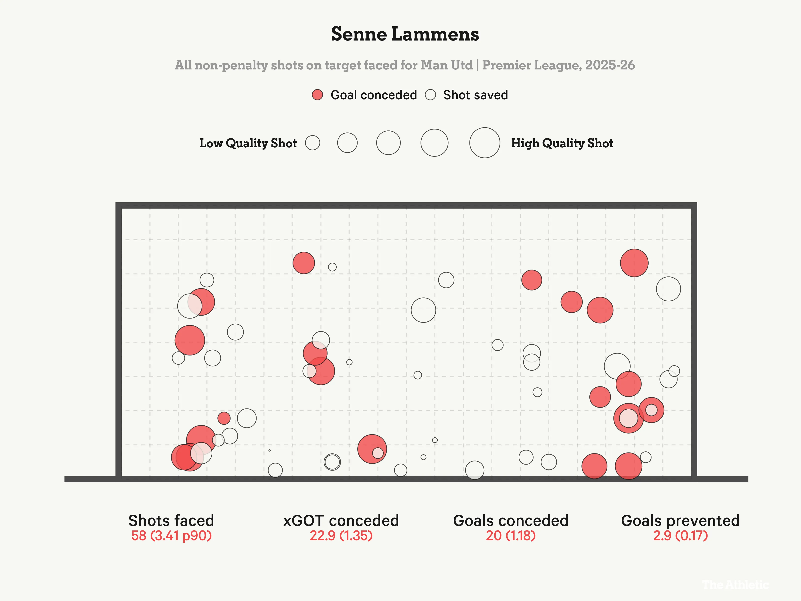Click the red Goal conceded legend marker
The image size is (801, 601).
(x=317, y=95)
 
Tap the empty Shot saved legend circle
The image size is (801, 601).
(x=430, y=95)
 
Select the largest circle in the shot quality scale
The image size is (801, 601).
(x=485, y=143)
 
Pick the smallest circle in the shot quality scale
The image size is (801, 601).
(x=312, y=143)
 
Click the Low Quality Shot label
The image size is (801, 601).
(x=248, y=143)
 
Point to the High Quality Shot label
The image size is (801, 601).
(x=562, y=143)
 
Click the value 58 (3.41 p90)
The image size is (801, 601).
(x=171, y=535)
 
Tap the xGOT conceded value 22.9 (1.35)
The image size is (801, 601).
(x=341, y=535)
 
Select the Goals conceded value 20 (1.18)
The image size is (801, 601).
(x=511, y=535)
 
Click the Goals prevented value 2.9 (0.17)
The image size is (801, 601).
(x=680, y=535)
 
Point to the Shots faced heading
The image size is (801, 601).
(x=171, y=521)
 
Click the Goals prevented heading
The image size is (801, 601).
(x=680, y=521)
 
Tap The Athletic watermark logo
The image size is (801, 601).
(x=735, y=584)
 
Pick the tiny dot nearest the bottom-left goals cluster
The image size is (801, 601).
(x=269, y=450)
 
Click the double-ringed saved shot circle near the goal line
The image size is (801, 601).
(x=332, y=462)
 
